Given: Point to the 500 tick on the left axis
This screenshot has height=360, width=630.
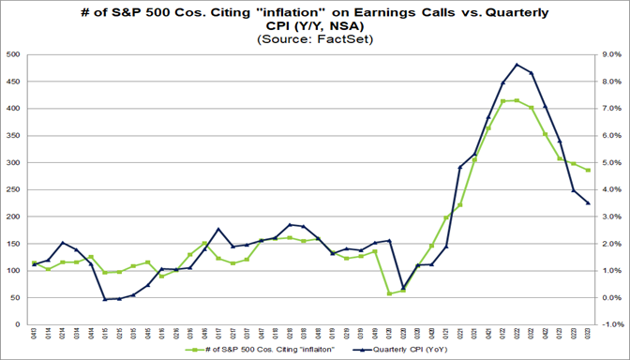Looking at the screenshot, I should point(14,55).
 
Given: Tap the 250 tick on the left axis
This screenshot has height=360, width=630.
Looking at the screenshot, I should point(14,190).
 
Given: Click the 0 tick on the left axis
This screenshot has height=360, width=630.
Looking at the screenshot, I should point(20,324).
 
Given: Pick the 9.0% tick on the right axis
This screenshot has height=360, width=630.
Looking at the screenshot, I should point(608,55).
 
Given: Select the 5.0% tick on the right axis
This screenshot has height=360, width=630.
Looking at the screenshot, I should point(608,163).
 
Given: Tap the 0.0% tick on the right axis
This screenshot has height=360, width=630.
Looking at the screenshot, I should point(608,298).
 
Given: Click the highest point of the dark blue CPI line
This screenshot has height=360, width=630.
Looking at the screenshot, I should point(517,65).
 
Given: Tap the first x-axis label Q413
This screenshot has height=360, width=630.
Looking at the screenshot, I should point(35,335).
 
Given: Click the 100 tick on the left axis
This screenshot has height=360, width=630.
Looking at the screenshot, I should point(14,271).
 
